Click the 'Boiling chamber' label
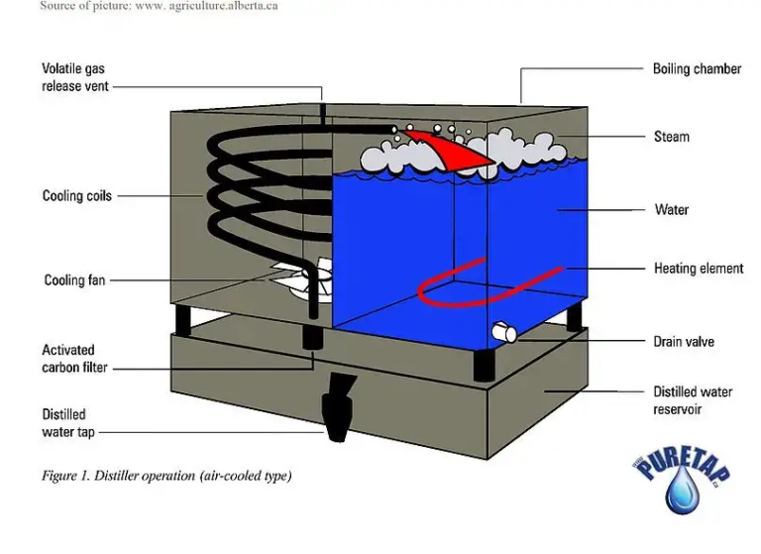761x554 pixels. click(x=697, y=69)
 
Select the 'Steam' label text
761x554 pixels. click(x=671, y=137)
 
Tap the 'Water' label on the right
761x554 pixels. click(x=671, y=210)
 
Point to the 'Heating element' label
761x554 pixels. click(x=699, y=269)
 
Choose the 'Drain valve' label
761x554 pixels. click(x=684, y=342)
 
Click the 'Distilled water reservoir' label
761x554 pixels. click(x=693, y=400)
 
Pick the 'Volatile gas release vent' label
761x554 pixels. click(x=75, y=77)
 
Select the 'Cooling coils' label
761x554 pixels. click(x=77, y=196)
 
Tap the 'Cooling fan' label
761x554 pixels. click(x=74, y=280)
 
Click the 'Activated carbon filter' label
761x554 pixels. click(x=74, y=359)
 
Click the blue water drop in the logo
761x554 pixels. click(x=683, y=492)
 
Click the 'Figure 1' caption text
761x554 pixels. click(x=166, y=477)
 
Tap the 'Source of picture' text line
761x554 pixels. click(x=159, y=7)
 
